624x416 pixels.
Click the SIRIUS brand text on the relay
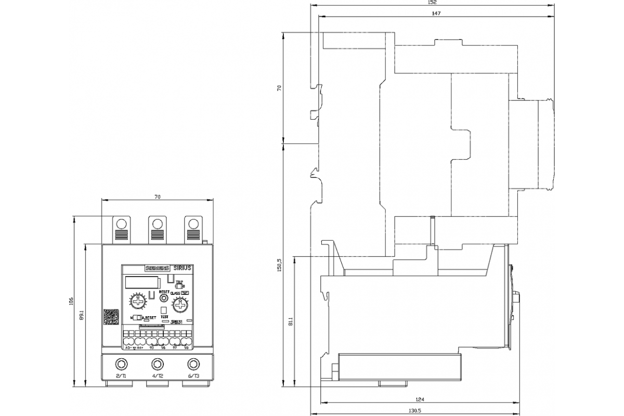coord(182,268)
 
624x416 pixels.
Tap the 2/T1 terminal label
coord(121,375)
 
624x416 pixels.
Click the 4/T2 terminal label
coord(158,375)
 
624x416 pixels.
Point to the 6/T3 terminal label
coord(193,375)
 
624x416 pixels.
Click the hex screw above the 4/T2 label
coord(158,363)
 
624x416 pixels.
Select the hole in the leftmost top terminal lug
coord(122,224)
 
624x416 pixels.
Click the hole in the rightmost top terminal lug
coord(193,224)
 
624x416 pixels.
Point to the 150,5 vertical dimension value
coord(279,265)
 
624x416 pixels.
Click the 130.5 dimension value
coord(418,411)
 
